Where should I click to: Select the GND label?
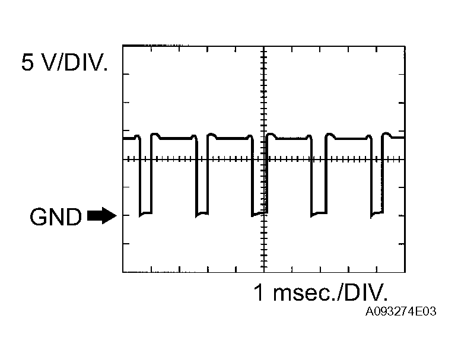tap(55, 218)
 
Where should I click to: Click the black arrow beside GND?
tap(101, 216)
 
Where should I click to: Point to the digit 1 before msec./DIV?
tap(259, 292)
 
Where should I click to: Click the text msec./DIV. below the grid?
tap(330, 292)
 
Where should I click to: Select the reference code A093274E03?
tap(401, 311)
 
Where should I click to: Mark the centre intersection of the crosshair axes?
tap(263, 160)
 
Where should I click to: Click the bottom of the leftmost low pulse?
tap(145, 214)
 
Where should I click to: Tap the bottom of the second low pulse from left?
tap(202, 214)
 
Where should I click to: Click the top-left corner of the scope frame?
tap(123, 45)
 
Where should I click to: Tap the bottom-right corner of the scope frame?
tap(405, 272)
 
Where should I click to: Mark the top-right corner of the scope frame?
tap(405, 45)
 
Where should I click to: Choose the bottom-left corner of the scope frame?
tap(123, 272)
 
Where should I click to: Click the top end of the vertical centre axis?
tap(263, 46)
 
